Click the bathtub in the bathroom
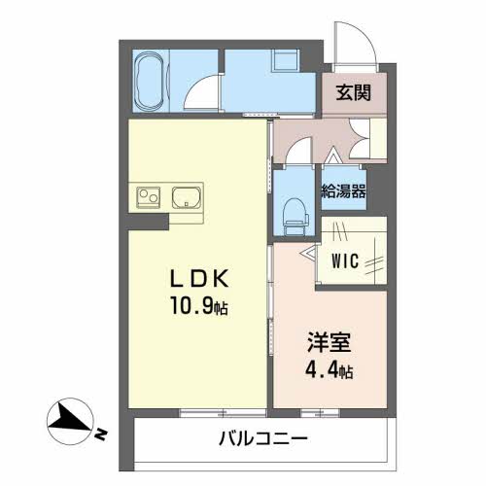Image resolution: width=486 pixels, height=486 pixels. coord(150,81)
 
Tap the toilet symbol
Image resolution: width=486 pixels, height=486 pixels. coord(295,217)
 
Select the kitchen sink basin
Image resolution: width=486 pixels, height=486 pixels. coord(187,197)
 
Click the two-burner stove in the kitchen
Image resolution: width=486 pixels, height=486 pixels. coord(149,197)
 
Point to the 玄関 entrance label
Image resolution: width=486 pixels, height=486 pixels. coord(353,92)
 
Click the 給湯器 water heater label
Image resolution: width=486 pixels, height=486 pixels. coord(343,191)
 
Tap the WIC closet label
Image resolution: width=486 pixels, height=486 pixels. coord(345,260)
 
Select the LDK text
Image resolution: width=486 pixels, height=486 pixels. coord(199,279)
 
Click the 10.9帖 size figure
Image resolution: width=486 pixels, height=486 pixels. coord(199,306)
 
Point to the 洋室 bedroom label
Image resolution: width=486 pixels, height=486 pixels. coord(330,342)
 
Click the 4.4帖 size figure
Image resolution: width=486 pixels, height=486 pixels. coord(330,369)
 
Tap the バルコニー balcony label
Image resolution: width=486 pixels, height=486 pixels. coord(263,439)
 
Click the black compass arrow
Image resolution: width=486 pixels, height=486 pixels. coord(71,421)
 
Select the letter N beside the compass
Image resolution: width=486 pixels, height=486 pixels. coord(101,434)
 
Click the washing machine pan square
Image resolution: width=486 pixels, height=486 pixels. coord(286,59)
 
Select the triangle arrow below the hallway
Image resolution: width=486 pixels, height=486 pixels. coord(332,156)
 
